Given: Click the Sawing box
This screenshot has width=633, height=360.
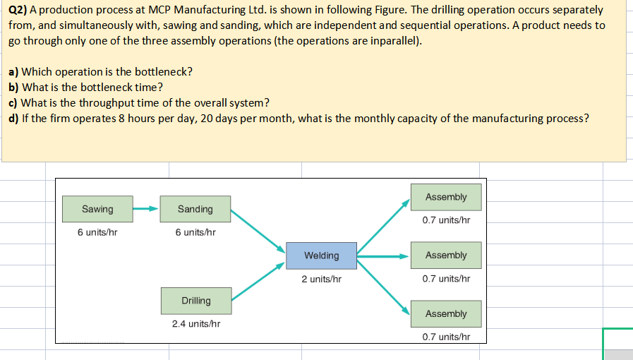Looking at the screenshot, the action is pyautogui.click(x=97, y=209).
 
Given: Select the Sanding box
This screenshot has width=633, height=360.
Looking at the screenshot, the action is pyautogui.click(x=195, y=209).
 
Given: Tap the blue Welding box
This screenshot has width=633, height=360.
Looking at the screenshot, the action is pyautogui.click(x=321, y=255).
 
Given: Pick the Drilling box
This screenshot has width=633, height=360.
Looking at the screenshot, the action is pyautogui.click(x=195, y=301).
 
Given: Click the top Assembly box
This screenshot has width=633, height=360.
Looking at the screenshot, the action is pyautogui.click(x=446, y=197).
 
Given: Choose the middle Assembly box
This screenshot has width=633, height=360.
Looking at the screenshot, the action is pyautogui.click(x=446, y=255).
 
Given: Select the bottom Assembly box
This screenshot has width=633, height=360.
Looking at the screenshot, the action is pyautogui.click(x=446, y=313).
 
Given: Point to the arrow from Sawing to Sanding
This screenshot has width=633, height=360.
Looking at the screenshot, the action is pyautogui.click(x=146, y=209).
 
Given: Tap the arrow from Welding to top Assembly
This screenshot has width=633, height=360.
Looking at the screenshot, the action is pyautogui.click(x=384, y=227).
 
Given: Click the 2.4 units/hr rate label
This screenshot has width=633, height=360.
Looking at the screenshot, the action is pyautogui.click(x=196, y=324).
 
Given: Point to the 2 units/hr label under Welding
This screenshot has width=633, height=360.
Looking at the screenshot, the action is pyautogui.click(x=322, y=279).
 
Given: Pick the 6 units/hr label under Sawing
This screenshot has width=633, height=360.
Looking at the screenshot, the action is pyautogui.click(x=97, y=232).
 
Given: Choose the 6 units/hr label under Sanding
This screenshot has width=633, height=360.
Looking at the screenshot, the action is pyautogui.click(x=195, y=232).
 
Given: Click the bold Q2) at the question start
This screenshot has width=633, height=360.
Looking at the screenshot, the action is pyautogui.click(x=18, y=10).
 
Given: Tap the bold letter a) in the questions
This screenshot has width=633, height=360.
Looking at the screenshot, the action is pyautogui.click(x=13, y=72).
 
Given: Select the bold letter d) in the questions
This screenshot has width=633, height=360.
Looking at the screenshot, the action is pyautogui.click(x=13, y=118).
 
